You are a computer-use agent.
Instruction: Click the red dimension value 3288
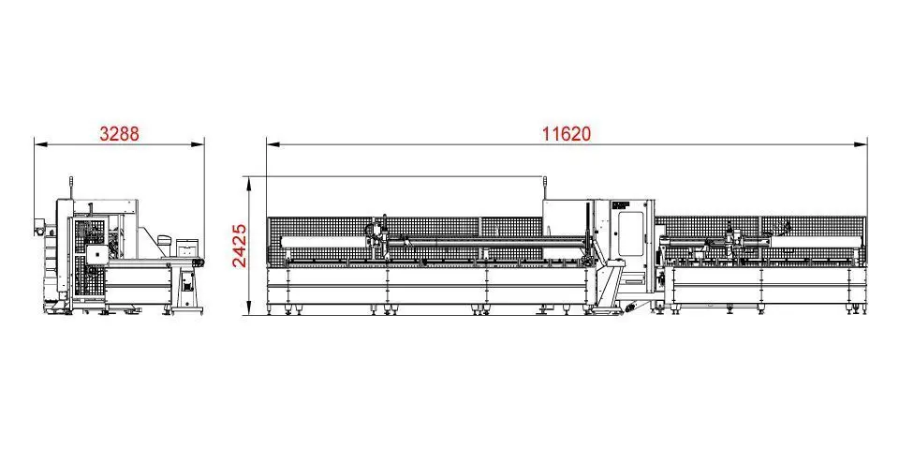tap(119, 134)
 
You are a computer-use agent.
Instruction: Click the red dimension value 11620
tap(567, 134)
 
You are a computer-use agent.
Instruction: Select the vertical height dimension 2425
tap(239, 246)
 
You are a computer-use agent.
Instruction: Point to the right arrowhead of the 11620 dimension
tap(862, 144)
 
